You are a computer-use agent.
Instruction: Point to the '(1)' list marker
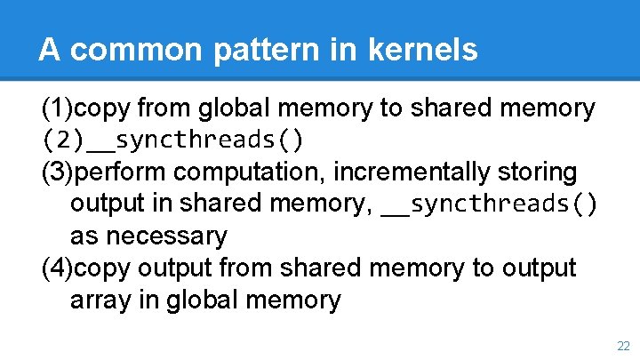pos(58,108)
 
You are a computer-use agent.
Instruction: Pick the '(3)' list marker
pos(58,172)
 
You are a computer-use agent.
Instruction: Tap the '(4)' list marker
pos(58,268)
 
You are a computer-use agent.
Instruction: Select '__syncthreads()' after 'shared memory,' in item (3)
pos(489,204)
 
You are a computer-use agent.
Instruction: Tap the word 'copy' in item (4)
pos(102,268)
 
